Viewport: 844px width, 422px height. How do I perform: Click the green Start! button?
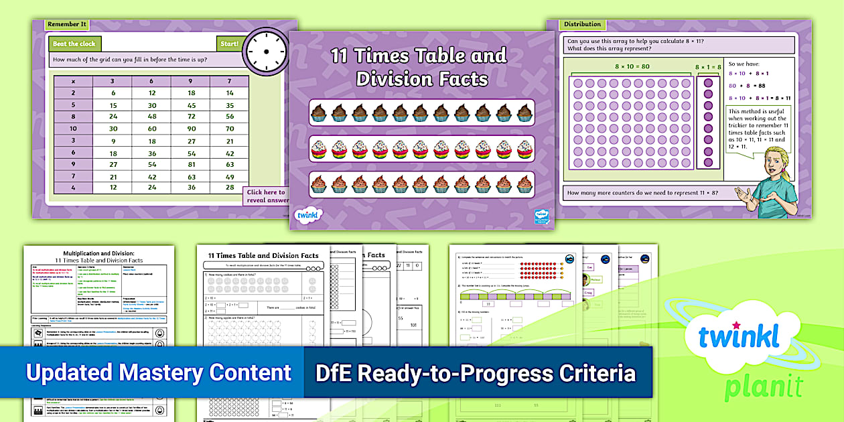pyautogui.click(x=229, y=44)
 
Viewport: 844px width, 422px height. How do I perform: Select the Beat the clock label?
pyautogui.click(x=74, y=44)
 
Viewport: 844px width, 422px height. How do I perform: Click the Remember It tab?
pyautogui.click(x=66, y=25)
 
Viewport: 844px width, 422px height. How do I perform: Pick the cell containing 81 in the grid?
pyautogui.click(x=191, y=164)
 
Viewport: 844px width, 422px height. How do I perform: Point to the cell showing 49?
pyautogui.click(x=230, y=176)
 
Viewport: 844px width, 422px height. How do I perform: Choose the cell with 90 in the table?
pyautogui.click(x=191, y=129)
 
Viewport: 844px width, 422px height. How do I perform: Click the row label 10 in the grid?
pyautogui.click(x=73, y=129)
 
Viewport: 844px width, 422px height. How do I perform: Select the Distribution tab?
pyautogui.click(x=582, y=25)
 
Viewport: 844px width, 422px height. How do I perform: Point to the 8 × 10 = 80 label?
pyautogui.click(x=633, y=66)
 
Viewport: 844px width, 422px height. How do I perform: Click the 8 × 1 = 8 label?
pyautogui.click(x=707, y=66)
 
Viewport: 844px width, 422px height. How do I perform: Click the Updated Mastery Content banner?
pyautogui.click(x=159, y=373)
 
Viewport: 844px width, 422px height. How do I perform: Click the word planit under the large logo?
pyautogui.click(x=756, y=386)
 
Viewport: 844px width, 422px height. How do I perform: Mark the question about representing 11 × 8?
pyautogui.click(x=642, y=194)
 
